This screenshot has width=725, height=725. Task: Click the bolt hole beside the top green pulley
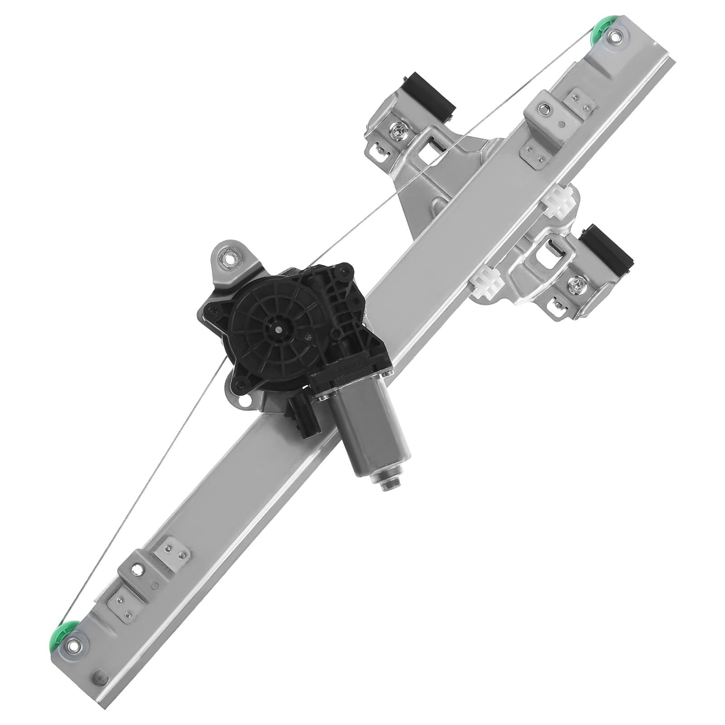click(x=616, y=38)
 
